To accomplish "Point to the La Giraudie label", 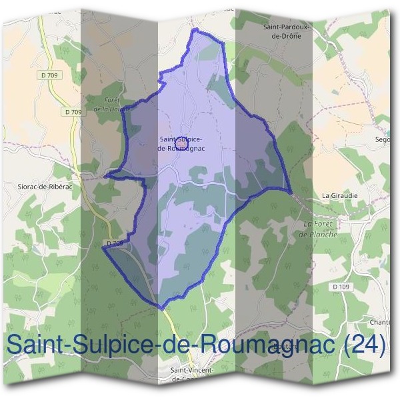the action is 335,195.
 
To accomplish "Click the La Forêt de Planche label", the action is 318,229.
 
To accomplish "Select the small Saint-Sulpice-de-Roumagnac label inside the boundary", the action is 181,143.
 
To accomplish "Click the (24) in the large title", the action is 363,345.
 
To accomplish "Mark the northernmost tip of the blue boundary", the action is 194,30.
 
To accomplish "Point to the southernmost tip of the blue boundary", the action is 161,308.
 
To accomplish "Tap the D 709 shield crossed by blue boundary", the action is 114,244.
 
